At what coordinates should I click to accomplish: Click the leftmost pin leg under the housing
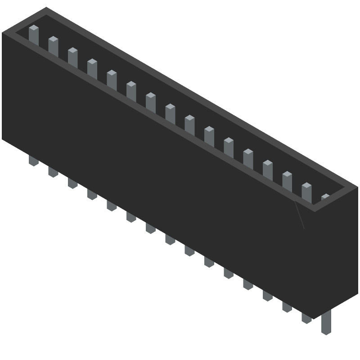click(34, 160)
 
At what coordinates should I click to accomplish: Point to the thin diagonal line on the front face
click(300, 215)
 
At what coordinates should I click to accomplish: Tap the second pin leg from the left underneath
click(53, 171)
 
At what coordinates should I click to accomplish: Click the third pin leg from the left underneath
click(72, 183)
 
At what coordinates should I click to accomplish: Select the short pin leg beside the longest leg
click(306, 318)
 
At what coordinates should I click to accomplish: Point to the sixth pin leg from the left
click(131, 216)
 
